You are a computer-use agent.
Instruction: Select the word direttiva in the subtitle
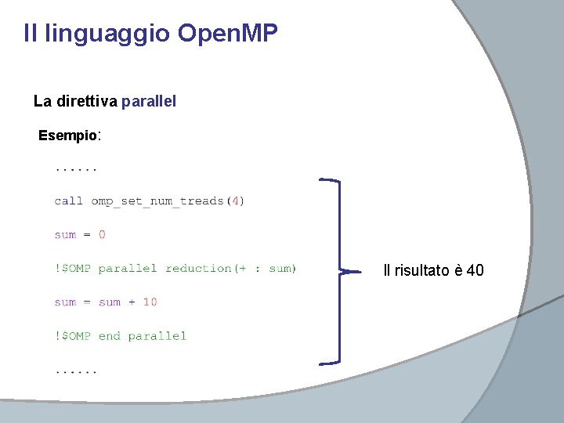pyautogui.click(x=86, y=101)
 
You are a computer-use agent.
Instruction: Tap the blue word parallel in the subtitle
pyautogui.click(x=149, y=101)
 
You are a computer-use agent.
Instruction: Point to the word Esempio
pyautogui.click(x=67, y=136)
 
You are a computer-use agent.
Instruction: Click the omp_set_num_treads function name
pyautogui.click(x=157, y=201)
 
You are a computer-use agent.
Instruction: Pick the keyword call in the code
pyautogui.click(x=69, y=201)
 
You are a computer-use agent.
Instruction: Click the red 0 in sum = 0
pyautogui.click(x=102, y=234)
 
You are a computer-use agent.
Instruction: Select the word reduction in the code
pyautogui.click(x=199, y=269)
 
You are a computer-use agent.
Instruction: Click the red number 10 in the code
pyautogui.click(x=150, y=302)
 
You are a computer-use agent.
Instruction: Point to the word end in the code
pyautogui.click(x=109, y=336)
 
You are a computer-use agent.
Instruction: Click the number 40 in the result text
pyautogui.click(x=475, y=271)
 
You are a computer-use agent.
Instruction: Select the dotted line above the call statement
pyautogui.click(x=76, y=168)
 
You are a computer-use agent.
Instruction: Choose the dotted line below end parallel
pyautogui.click(x=76, y=370)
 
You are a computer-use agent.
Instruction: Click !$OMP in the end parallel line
pyautogui.click(x=73, y=336)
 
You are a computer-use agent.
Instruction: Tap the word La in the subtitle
pyautogui.click(x=42, y=101)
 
